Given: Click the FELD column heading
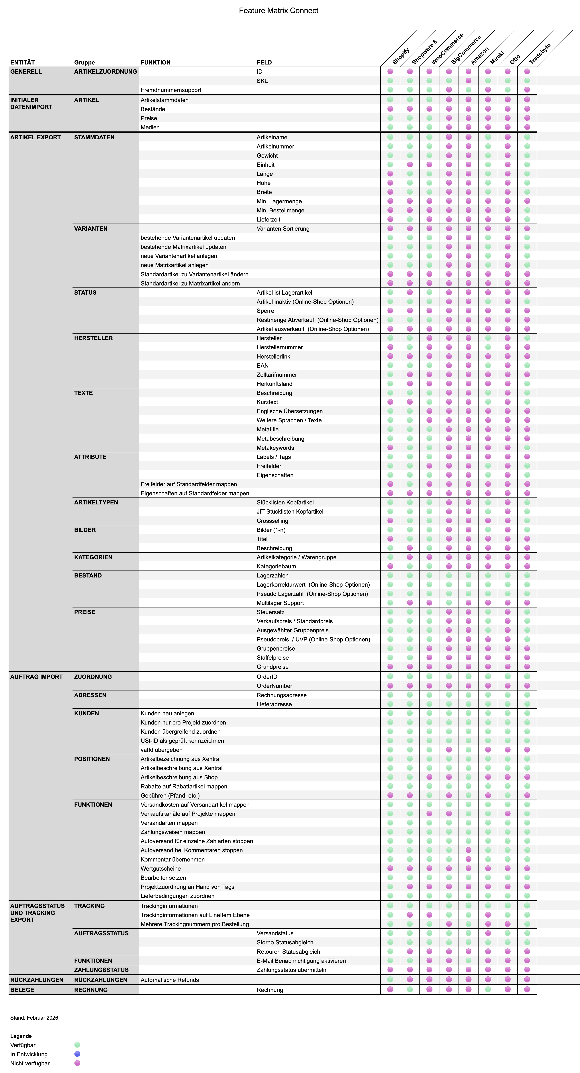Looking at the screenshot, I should tap(264, 62).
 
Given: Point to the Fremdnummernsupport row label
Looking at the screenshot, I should tap(171, 90).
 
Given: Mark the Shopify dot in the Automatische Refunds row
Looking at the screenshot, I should tap(390, 980).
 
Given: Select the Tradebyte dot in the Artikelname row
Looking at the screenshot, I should tap(527, 137).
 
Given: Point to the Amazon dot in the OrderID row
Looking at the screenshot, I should tap(468, 677).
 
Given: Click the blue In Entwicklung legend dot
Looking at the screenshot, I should tap(77, 1054).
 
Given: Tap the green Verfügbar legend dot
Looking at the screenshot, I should tap(77, 1045).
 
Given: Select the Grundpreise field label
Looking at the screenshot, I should tap(272, 667).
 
